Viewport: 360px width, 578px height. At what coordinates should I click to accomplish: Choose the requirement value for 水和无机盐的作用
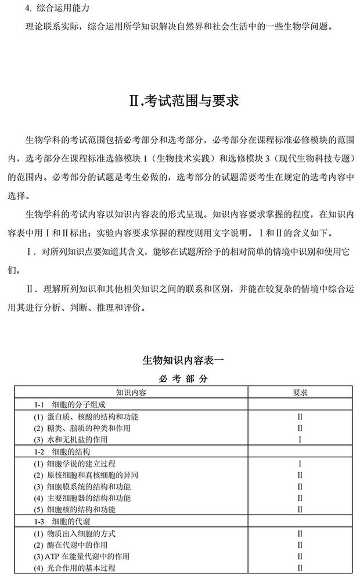coord(300,440)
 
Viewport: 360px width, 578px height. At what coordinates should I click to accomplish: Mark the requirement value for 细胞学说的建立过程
coord(300,463)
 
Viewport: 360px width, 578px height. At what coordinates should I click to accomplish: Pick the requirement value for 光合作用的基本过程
coord(300,568)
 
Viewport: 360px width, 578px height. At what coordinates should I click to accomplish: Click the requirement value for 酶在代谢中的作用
coord(300,544)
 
